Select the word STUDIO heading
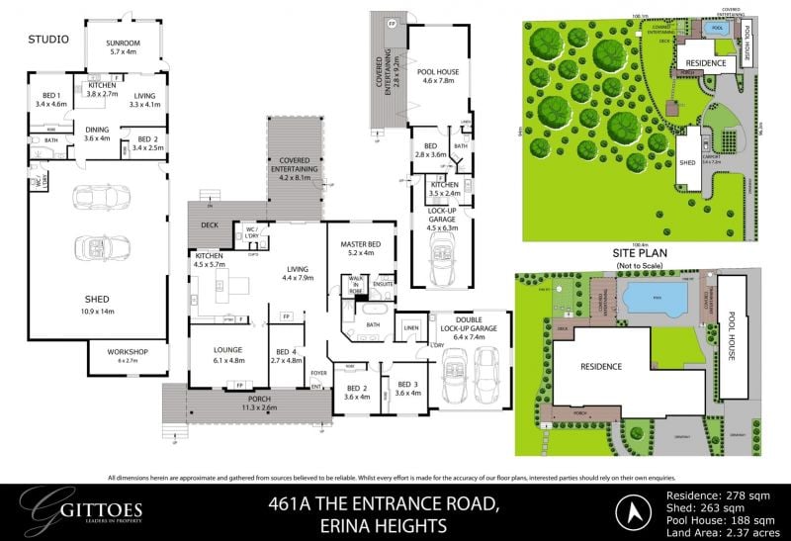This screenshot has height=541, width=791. coord(48,40)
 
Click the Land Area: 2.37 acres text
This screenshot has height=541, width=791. coord(712,529)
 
